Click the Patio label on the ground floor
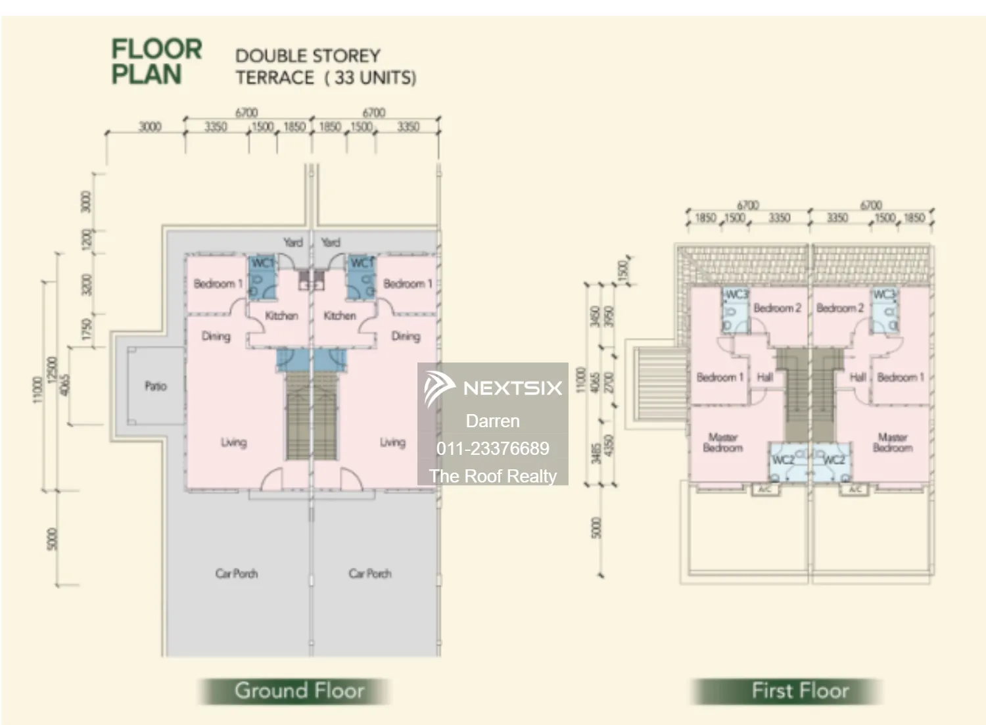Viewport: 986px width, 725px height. click(x=156, y=386)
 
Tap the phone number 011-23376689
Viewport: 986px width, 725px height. click(x=492, y=448)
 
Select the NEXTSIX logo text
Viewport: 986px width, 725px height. click(x=513, y=388)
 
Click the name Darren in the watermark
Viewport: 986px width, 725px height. click(x=492, y=421)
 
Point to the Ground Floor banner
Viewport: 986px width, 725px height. click(x=299, y=691)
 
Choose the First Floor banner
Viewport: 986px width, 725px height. click(x=800, y=691)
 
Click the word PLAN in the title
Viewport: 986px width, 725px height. click(x=146, y=75)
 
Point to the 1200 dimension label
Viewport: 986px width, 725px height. click(x=86, y=239)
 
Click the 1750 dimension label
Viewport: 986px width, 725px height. click(x=86, y=329)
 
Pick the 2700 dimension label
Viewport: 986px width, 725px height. click(x=609, y=383)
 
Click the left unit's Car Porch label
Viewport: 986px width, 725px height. click(x=237, y=573)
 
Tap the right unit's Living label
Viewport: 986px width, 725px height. click(x=392, y=442)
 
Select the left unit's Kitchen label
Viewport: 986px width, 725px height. click(x=281, y=316)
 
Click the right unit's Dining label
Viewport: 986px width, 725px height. click(x=406, y=336)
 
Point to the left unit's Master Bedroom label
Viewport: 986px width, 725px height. click(x=722, y=442)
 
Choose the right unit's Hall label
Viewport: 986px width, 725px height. click(x=857, y=377)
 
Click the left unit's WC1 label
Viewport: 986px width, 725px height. click(x=262, y=262)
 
